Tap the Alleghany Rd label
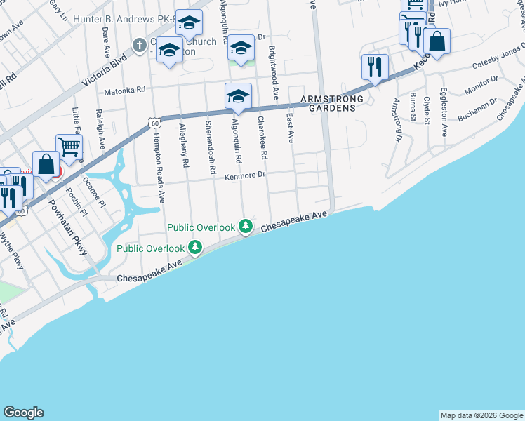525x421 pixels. coord(184,145)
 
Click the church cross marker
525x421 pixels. coord(139,44)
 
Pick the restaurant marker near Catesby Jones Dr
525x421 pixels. coord(374,67)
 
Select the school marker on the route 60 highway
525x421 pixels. coord(238,95)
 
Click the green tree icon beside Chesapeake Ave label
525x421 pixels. coord(245,226)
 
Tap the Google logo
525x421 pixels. coord(23,413)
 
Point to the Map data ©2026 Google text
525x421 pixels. coord(481,415)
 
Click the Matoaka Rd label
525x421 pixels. coord(124,90)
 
